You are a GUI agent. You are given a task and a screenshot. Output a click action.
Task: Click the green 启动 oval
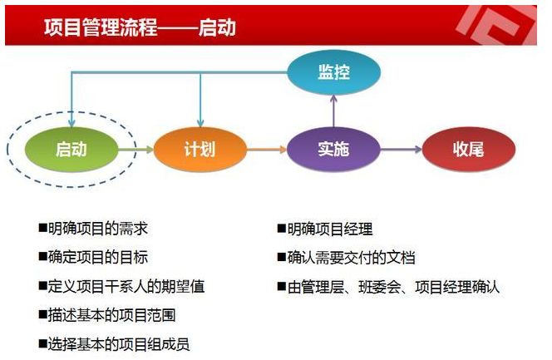point(71,150)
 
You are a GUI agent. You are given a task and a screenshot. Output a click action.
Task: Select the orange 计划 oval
point(200,150)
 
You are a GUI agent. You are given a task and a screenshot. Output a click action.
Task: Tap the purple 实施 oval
point(333,150)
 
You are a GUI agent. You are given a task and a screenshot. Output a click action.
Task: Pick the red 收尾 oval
point(469,150)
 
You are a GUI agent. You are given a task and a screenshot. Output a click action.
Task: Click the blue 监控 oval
point(333,72)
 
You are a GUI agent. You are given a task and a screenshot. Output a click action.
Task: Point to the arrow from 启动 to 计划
point(136,150)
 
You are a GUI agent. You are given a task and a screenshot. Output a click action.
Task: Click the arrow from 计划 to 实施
point(267,150)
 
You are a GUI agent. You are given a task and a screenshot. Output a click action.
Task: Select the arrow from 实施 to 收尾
point(402,150)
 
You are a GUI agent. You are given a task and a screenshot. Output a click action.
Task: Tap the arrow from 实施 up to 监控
point(333,111)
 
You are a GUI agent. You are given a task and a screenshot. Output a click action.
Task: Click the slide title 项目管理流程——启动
point(140,27)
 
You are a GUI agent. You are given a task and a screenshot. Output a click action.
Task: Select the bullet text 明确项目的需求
point(98,229)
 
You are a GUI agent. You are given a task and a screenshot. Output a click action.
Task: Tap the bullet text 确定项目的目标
point(98,257)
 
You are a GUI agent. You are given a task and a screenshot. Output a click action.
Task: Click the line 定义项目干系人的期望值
point(126,286)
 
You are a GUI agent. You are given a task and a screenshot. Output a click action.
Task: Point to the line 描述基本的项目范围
point(112,315)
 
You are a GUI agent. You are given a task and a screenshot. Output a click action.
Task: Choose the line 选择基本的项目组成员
point(119,344)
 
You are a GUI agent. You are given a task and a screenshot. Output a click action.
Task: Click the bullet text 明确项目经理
point(330,229)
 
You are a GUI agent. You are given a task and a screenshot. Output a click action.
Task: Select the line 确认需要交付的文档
point(352,258)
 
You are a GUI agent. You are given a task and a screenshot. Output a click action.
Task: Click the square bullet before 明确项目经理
point(281,229)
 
